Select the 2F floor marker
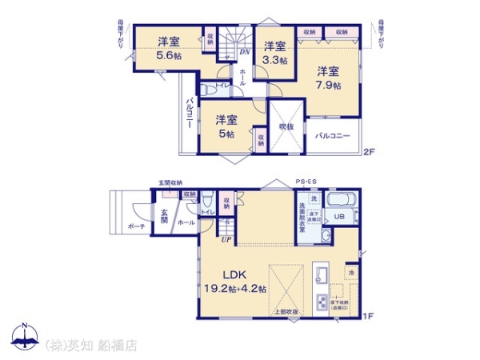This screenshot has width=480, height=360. point(369,152)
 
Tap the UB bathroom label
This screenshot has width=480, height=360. point(340,216)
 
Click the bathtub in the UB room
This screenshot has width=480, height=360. point(342,198)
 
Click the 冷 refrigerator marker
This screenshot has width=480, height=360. point(352,274)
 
